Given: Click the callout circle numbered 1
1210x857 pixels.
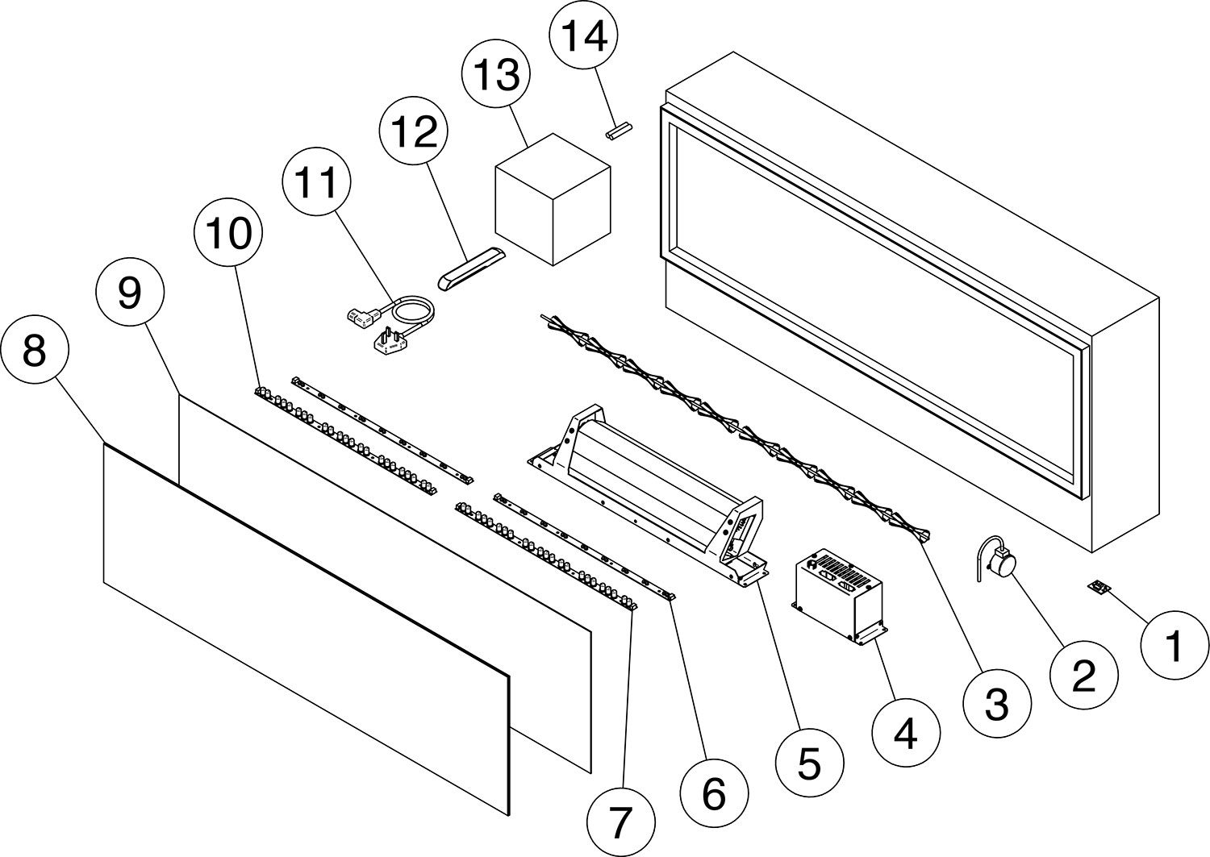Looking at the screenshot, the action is pyautogui.click(x=1175, y=645).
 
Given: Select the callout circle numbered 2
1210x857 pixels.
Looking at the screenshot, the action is pyautogui.click(x=1083, y=675).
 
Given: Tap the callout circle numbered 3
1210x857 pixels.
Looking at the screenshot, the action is pyautogui.click(x=997, y=704).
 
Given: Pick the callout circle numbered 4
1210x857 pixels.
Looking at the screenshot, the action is pyautogui.click(x=907, y=733).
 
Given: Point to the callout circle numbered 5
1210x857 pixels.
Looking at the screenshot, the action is pyautogui.click(x=809, y=763).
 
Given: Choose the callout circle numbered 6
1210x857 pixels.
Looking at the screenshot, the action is pyautogui.click(x=714, y=793).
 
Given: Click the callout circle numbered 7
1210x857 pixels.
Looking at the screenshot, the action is pyautogui.click(x=621, y=822).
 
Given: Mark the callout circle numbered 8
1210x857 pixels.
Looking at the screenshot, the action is pyautogui.click(x=35, y=350).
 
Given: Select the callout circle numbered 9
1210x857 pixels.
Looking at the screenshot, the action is pyautogui.click(x=130, y=292).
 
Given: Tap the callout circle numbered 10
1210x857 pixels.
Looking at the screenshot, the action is pyautogui.click(x=228, y=233).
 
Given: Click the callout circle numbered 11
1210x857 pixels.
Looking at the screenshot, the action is pyautogui.click(x=317, y=181).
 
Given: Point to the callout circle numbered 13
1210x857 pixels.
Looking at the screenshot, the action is pyautogui.click(x=496, y=73).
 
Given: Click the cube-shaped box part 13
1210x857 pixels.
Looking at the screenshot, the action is pyautogui.click(x=553, y=199).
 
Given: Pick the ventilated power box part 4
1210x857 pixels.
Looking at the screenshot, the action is pyautogui.click(x=840, y=596).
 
